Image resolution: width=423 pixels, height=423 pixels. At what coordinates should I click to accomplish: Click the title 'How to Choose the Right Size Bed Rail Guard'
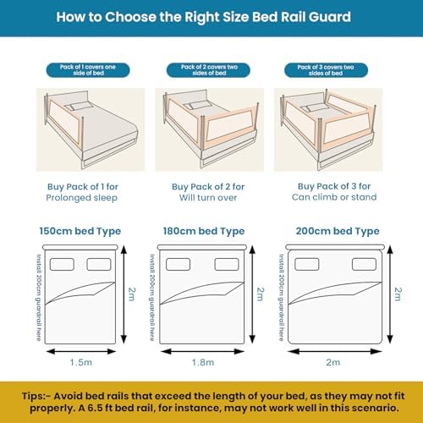click(x=211, y=17)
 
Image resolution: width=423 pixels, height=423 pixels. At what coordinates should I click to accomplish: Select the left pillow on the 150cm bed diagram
click(x=63, y=264)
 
